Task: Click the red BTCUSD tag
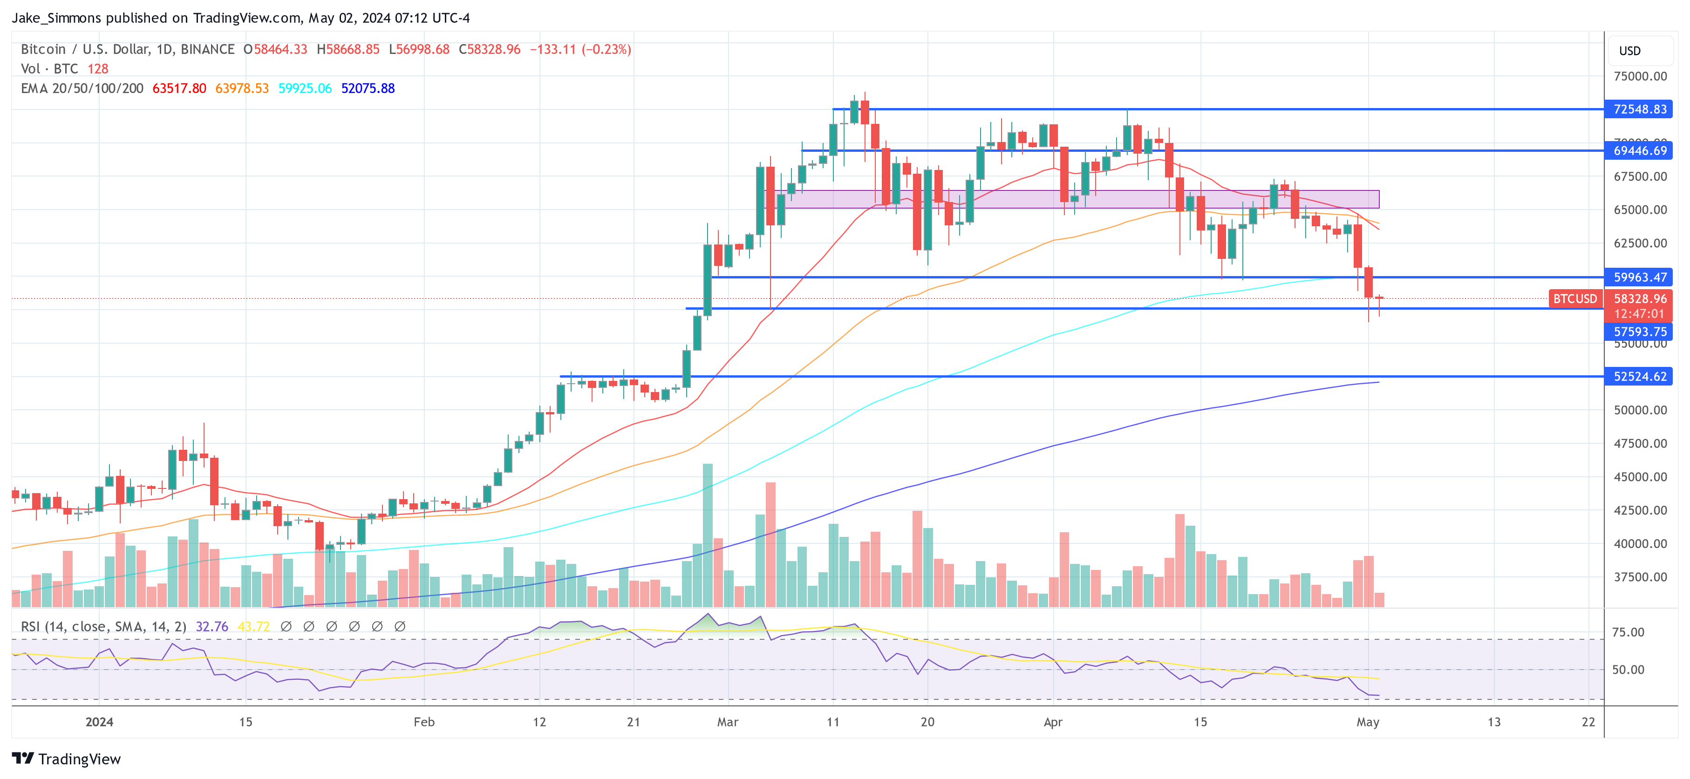click(x=1574, y=299)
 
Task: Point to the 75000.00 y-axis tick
click(x=1640, y=76)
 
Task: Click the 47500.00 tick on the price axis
click(x=1640, y=443)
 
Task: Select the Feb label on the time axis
click(x=424, y=722)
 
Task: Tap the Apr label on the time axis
click(x=1052, y=722)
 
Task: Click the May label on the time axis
click(x=1367, y=722)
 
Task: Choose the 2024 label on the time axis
click(x=99, y=722)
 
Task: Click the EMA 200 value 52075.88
click(x=368, y=88)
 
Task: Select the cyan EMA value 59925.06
click(x=305, y=88)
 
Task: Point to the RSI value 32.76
click(x=212, y=627)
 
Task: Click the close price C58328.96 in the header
click(x=490, y=49)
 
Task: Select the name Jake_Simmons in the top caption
click(x=56, y=18)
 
